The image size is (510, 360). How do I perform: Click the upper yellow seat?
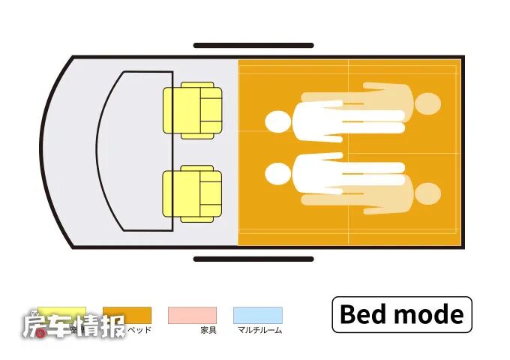(193, 111)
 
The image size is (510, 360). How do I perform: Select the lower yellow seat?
(193, 193)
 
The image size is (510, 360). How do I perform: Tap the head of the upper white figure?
(277, 122)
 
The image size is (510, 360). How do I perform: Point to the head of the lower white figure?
(277, 174)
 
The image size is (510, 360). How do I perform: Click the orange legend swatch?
(127, 314)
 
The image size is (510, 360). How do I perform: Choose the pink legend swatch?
(192, 314)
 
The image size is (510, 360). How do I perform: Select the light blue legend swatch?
(257, 314)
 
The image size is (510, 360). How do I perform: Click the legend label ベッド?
(140, 330)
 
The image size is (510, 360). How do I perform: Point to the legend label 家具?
(208, 330)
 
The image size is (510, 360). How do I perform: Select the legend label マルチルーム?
(259, 330)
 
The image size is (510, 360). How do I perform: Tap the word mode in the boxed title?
(430, 314)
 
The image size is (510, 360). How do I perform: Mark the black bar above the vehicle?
(253, 46)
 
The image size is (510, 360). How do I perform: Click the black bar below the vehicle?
(253, 259)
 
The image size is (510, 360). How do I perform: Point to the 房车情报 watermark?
(73, 326)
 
